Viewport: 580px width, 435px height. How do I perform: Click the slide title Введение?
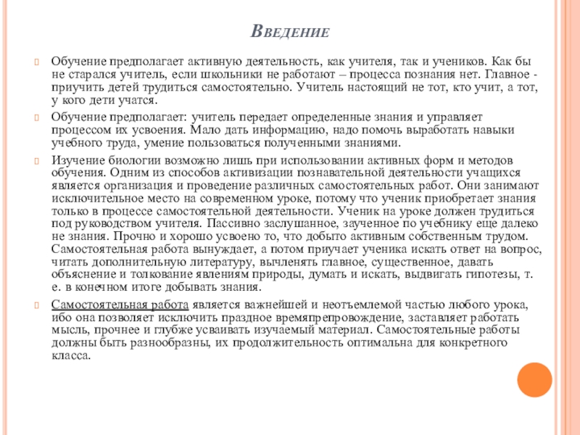click(x=290, y=33)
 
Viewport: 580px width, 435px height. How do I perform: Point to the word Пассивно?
click(x=232, y=225)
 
